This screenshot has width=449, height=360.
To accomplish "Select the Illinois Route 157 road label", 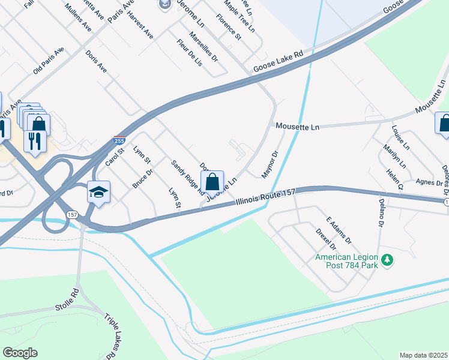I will click(x=265, y=198).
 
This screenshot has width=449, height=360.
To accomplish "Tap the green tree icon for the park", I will click(x=388, y=259).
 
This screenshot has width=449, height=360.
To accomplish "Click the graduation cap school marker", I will click(x=98, y=192).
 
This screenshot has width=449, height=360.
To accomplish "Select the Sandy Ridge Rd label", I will click(x=187, y=178).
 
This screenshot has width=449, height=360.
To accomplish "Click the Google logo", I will click(x=20, y=353).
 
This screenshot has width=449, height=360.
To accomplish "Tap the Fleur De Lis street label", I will click(x=190, y=53).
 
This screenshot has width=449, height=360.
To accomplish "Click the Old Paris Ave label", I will click(x=48, y=60).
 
